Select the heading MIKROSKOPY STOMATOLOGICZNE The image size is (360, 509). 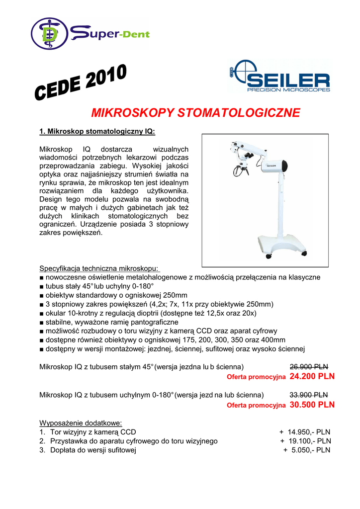tap(195, 113)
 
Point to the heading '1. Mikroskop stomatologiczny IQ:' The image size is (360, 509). tap(97, 132)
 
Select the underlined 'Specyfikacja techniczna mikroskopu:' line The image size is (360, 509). tap(99, 268)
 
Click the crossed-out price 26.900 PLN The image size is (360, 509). tap(308, 367)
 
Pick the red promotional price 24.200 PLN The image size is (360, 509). tap(312, 376)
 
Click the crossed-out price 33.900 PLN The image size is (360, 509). tap(308, 395)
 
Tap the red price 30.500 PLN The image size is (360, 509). tap(312, 405)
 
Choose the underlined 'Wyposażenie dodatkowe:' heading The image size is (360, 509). tap(81, 423)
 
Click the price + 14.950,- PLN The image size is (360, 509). tap(305, 432)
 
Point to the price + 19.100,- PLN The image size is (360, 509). tap(305, 441)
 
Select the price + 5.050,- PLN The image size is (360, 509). tap(307, 450)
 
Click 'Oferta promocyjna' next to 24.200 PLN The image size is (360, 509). tap(256, 377)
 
